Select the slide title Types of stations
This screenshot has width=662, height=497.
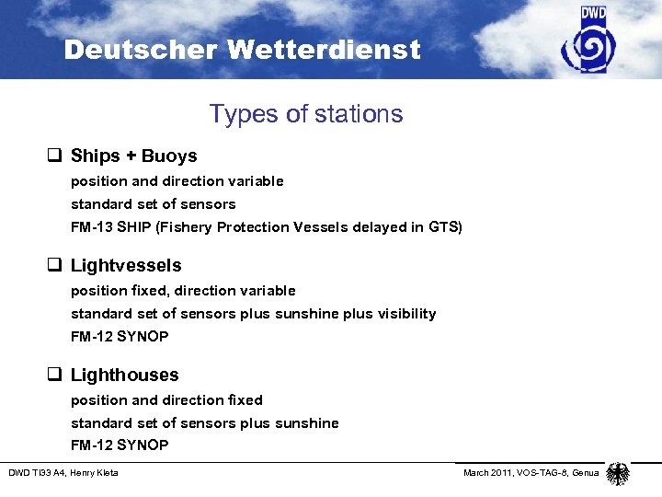click(305, 114)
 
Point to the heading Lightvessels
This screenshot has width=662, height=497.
click(126, 266)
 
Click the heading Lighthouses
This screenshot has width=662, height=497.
click(125, 375)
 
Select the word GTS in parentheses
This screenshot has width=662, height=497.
click(443, 227)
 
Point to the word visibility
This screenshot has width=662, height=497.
click(404, 314)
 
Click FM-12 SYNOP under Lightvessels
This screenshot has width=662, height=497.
click(120, 337)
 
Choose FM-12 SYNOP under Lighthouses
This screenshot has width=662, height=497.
click(120, 445)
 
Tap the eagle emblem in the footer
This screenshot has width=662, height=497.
click(619, 474)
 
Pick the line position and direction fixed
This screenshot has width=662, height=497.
click(166, 400)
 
